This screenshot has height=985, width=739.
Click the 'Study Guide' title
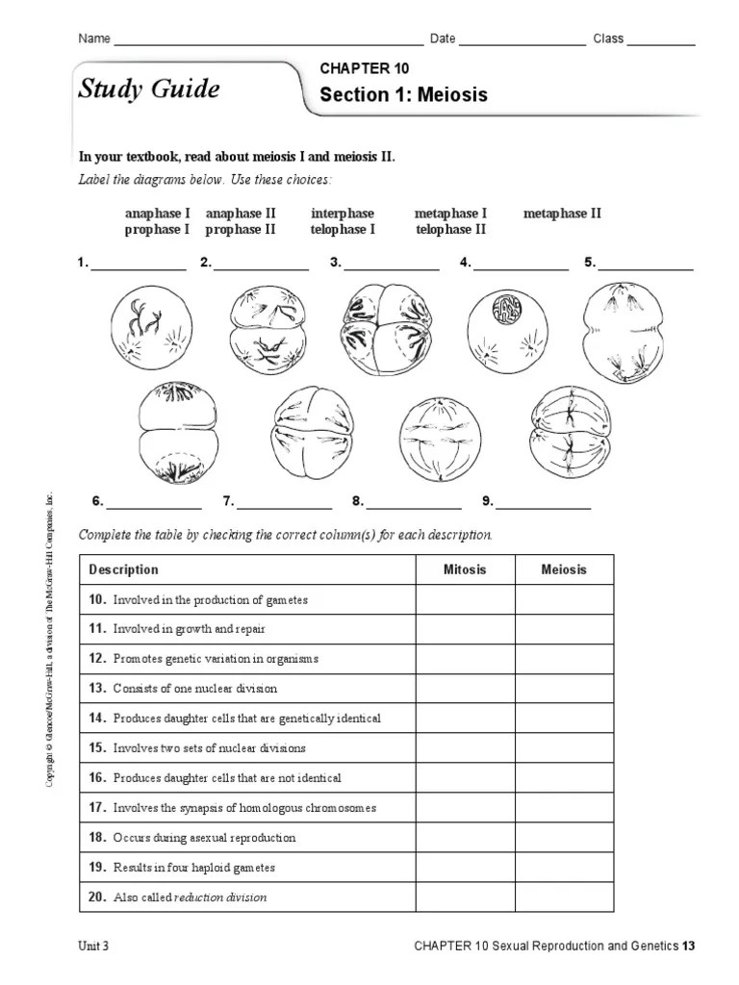click(x=148, y=90)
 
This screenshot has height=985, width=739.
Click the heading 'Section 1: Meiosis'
click(x=403, y=95)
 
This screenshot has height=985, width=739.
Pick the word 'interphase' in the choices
click(x=343, y=214)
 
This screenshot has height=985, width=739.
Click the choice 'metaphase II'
click(x=562, y=214)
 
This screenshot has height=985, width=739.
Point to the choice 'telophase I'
click(x=343, y=230)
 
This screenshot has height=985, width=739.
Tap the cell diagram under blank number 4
click(x=507, y=329)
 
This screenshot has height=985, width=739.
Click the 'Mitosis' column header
click(x=465, y=569)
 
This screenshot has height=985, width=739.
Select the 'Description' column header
click(x=123, y=569)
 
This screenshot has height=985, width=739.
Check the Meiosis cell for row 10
click(x=564, y=600)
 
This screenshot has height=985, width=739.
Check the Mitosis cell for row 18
click(x=465, y=838)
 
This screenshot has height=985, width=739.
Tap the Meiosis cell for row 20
click(x=564, y=897)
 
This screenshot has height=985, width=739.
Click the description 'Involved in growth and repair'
click(x=189, y=629)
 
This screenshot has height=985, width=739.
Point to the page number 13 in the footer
click(x=688, y=946)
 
